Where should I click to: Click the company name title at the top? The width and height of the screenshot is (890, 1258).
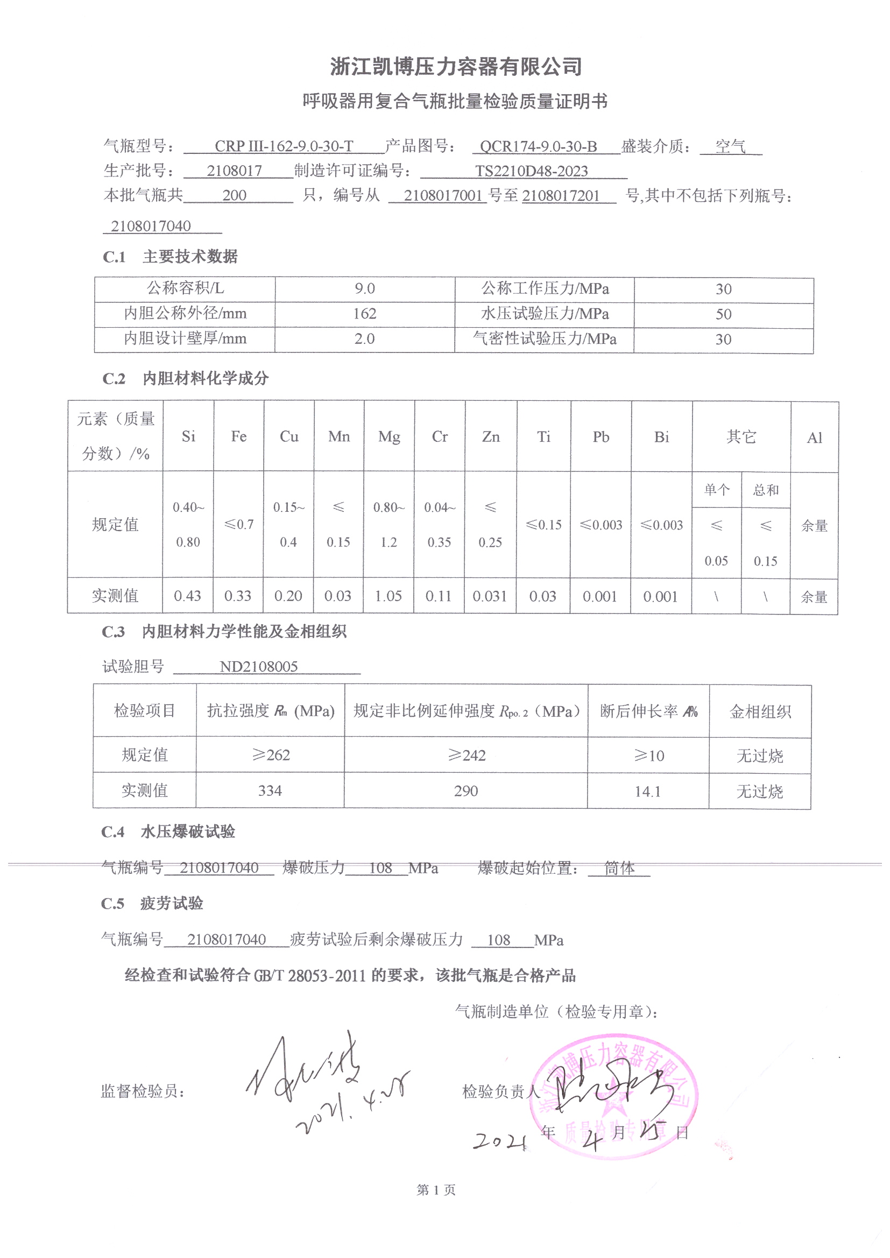point(455,67)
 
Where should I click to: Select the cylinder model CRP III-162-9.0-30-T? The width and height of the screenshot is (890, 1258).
point(284,146)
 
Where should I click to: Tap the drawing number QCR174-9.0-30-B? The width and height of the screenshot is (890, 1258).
point(538,146)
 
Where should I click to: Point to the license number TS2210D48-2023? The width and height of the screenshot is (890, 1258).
point(531,171)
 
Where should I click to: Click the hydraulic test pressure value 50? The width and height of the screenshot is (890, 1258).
point(723,314)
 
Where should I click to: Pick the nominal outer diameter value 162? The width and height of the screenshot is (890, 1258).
point(364,313)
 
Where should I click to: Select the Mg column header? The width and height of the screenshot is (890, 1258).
point(389,437)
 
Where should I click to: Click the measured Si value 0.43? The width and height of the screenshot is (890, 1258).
point(187,596)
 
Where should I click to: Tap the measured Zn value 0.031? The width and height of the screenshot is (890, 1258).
point(490,596)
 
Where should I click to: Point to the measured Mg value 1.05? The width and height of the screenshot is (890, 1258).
point(389,596)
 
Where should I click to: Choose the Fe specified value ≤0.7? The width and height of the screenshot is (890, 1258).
point(239,525)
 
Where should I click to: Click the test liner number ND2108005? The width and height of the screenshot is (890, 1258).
point(259,666)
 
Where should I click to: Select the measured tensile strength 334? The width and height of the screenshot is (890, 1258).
point(270,790)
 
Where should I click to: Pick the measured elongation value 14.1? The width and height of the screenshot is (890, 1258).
point(648,791)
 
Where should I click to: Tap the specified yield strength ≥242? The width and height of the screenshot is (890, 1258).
point(467,755)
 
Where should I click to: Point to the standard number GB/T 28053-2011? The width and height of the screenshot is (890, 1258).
point(310,976)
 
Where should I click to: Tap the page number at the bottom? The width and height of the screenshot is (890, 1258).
point(436,1190)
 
